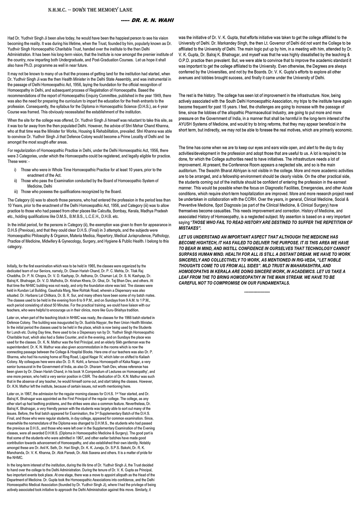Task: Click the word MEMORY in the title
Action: pos(104,11)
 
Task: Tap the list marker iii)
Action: pos(16,192)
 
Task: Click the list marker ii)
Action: pos(15,181)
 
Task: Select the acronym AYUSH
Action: pos(187,124)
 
